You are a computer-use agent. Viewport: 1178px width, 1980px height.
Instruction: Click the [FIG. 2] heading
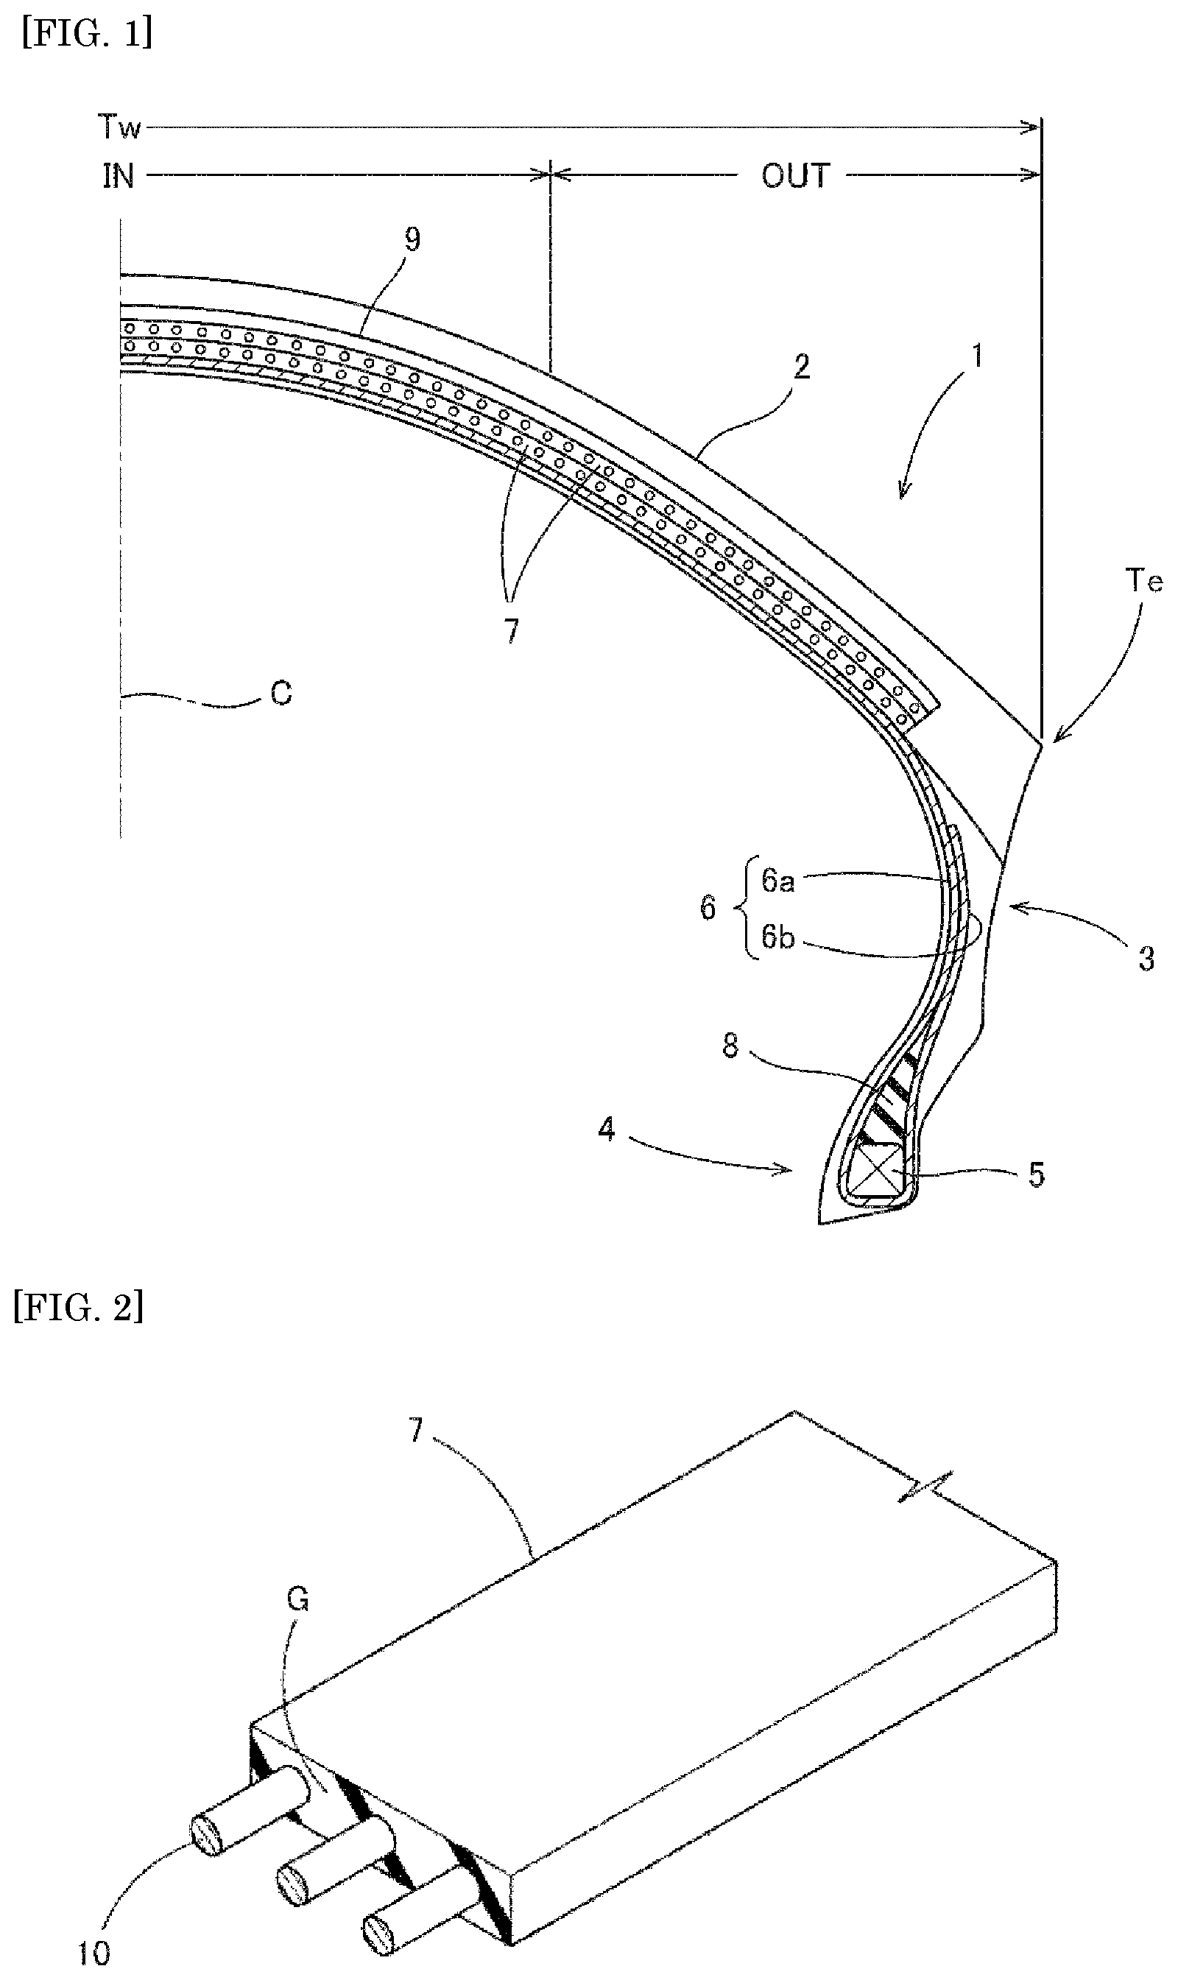tap(80, 1307)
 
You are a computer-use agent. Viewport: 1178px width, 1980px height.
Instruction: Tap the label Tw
tap(119, 127)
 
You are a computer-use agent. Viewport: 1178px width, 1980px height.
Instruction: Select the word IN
tap(119, 176)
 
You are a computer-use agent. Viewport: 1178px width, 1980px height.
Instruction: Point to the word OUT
tap(795, 175)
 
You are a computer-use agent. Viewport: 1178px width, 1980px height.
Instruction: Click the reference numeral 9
tap(412, 239)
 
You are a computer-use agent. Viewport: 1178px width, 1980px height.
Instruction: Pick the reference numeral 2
tap(803, 367)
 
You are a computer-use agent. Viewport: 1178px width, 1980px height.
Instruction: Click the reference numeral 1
tap(978, 356)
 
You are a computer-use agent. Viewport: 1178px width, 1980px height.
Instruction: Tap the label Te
tap(1144, 582)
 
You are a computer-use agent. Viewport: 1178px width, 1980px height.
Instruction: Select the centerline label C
tap(281, 694)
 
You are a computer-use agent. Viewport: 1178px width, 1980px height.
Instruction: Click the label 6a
tap(778, 881)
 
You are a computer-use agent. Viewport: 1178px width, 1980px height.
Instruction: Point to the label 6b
tap(778, 937)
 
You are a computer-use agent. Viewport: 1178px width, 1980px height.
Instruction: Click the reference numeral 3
tap(1146, 959)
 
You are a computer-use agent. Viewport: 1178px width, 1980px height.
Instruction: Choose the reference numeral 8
tap(730, 1046)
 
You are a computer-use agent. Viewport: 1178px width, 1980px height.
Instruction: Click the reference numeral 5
tap(1037, 1175)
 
